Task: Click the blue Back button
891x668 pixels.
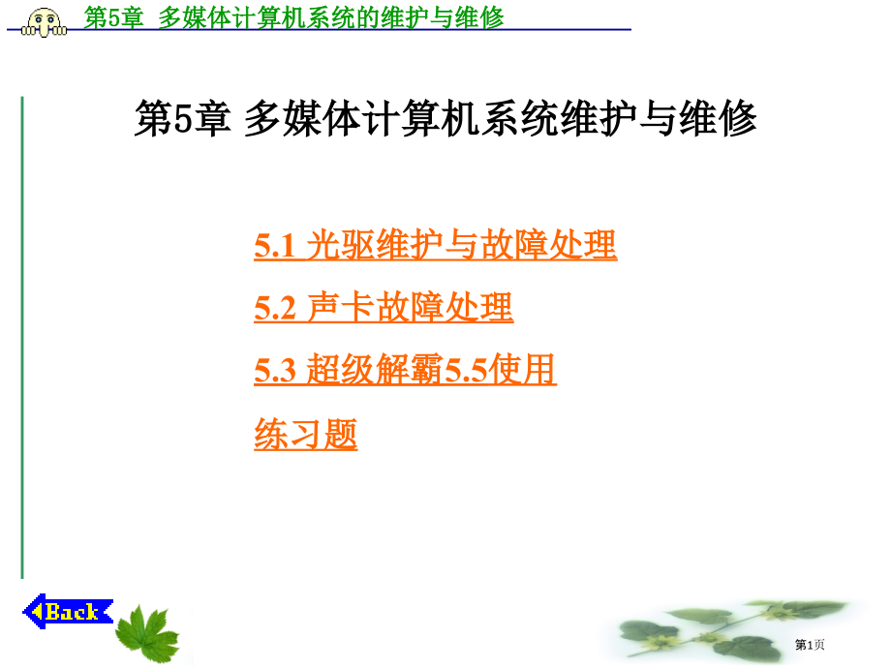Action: [x=68, y=611]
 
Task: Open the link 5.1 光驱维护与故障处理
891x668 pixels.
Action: [x=435, y=245]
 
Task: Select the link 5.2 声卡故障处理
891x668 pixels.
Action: [x=384, y=307]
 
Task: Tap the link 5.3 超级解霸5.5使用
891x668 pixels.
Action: [x=405, y=369]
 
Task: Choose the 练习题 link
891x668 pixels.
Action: [x=306, y=434]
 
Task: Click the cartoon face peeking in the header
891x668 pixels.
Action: [x=45, y=22]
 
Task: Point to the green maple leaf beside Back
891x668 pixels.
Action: [x=147, y=633]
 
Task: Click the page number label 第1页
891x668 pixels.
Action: [x=810, y=644]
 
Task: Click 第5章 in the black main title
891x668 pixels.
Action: [x=183, y=119]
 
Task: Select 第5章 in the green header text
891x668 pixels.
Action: [x=113, y=17]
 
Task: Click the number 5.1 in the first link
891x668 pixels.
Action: [x=274, y=246]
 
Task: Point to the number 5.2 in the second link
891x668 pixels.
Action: [x=275, y=309]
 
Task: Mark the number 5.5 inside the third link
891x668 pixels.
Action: [x=466, y=371]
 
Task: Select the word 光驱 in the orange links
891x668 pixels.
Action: [x=340, y=245]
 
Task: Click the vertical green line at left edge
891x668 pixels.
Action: [x=22, y=338]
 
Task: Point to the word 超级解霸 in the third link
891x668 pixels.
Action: [x=375, y=369]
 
